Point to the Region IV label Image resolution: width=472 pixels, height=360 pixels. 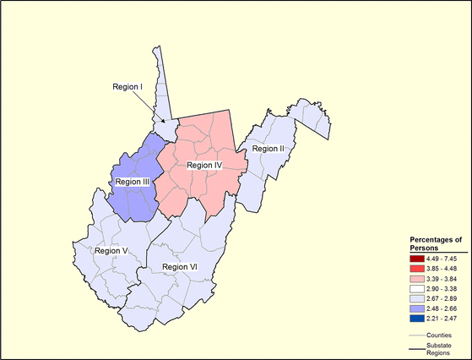pos(203,165)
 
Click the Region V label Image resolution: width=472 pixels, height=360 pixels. pos(111,250)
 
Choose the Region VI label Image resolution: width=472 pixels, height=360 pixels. pos(179,266)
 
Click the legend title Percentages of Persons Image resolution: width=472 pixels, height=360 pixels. pos(430,244)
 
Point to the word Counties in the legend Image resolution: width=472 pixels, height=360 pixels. pos(439,335)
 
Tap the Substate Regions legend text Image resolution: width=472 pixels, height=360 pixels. pos(439,350)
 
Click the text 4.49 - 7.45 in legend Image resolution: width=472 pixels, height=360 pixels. pos(441,258)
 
